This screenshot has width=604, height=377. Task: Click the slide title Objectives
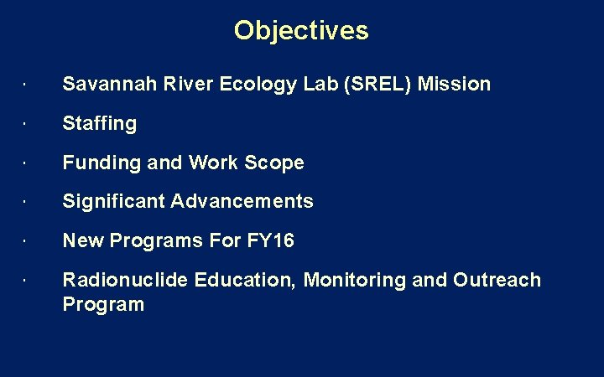(301, 31)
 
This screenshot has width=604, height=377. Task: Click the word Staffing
(99, 123)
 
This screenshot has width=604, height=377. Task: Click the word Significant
(114, 201)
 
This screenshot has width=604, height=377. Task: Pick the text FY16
(270, 240)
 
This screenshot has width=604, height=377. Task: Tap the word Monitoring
(355, 280)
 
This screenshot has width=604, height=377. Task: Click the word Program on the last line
(103, 304)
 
